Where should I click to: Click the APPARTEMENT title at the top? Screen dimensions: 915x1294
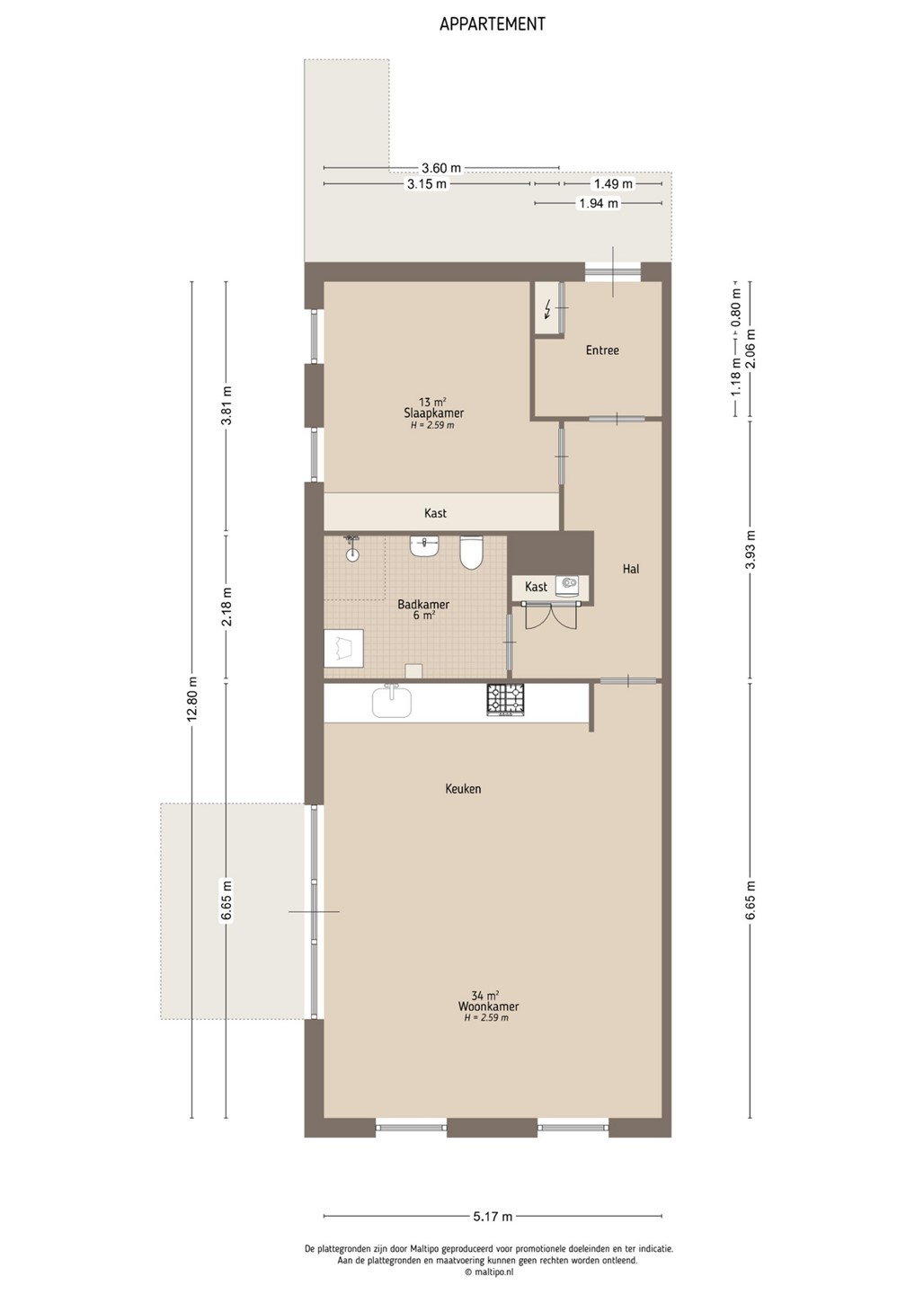pyautogui.click(x=493, y=24)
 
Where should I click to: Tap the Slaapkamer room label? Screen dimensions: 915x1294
pyautogui.click(x=434, y=413)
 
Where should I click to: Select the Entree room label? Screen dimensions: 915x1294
pyautogui.click(x=602, y=350)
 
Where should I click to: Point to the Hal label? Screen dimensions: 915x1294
pyautogui.click(x=631, y=569)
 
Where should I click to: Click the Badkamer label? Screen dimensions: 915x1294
pyautogui.click(x=423, y=605)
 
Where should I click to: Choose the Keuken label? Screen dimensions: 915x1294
pyautogui.click(x=463, y=789)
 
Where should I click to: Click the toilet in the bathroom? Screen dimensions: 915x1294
pyautogui.click(x=471, y=553)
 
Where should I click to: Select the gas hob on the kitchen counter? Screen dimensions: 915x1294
pyautogui.click(x=505, y=700)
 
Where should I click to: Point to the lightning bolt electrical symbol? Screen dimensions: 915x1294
pyautogui.click(x=547, y=312)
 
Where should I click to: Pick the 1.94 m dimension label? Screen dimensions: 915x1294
pyautogui.click(x=599, y=203)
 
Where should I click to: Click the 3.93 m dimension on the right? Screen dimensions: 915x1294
pyautogui.click(x=751, y=549)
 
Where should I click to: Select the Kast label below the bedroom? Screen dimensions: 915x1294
pyautogui.click(x=435, y=513)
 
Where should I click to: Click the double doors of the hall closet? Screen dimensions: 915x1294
pyautogui.click(x=550, y=616)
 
